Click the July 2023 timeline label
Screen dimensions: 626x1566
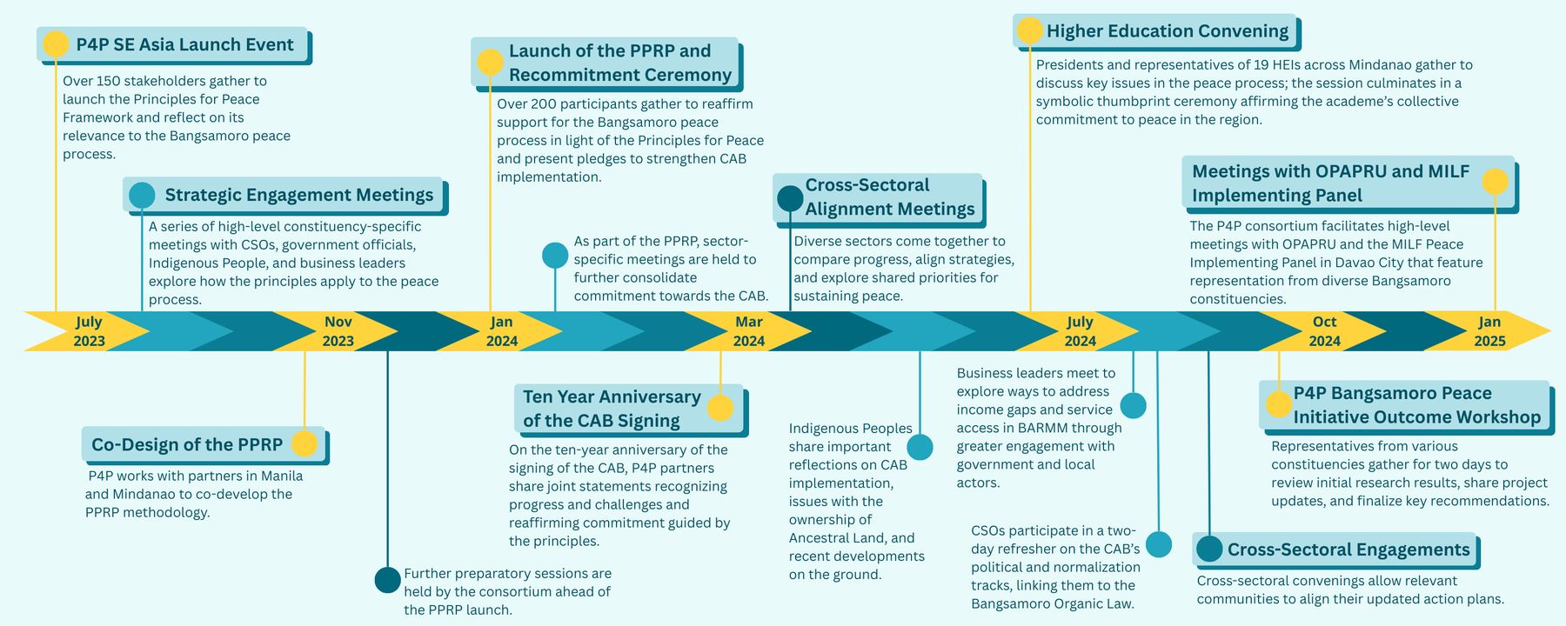89,331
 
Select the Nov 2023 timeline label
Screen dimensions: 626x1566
338,331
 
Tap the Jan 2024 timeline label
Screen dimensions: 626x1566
502,331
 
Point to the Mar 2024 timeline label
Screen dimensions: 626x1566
749,331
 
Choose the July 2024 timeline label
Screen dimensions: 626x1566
1080,331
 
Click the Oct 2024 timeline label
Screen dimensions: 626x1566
1324,331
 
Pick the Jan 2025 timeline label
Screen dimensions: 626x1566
1489,331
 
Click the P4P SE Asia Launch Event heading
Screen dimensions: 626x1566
184,44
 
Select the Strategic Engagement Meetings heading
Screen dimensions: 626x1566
298,195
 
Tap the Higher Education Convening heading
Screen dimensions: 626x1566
1167,31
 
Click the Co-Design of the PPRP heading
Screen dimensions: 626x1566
187,444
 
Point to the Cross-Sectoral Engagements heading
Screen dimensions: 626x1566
1348,549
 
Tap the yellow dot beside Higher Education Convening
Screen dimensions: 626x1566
1029,30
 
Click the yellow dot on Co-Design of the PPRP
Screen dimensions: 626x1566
304,443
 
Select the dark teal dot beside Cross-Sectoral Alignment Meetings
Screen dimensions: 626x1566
790,198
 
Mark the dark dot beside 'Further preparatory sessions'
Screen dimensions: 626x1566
387,580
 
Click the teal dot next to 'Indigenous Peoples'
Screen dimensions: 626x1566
920,447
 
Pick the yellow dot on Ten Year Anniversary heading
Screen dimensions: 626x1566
720,408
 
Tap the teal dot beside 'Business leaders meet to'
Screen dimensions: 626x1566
1133,405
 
